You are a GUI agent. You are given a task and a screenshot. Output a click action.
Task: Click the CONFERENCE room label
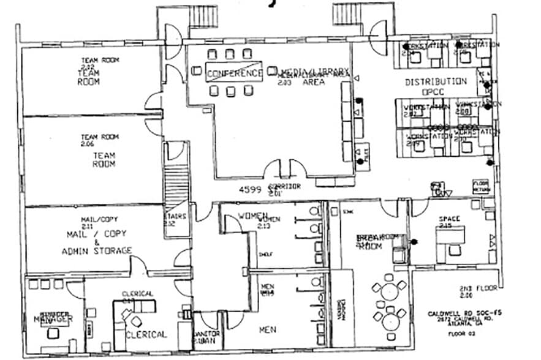pos(235,73)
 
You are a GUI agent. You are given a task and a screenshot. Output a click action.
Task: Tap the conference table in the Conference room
pos(233,70)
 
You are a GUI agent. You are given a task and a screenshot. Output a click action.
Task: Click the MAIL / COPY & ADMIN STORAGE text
pos(96,242)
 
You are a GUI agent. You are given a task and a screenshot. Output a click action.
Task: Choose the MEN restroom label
pos(267,330)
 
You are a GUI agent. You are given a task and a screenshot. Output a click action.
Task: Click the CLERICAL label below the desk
pos(146,334)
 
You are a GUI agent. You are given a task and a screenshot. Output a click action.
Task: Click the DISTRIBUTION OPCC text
pos(436,86)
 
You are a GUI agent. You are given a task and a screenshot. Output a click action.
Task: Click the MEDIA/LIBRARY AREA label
pos(314,77)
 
